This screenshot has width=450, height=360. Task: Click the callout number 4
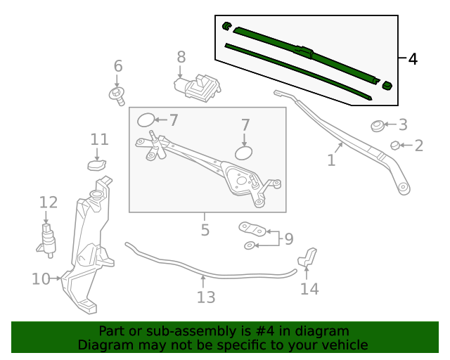[413, 59]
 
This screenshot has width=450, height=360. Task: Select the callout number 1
[331, 160]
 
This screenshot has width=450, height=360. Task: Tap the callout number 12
[48, 202]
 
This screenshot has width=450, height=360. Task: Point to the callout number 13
[205, 297]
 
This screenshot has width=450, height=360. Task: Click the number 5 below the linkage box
[205, 230]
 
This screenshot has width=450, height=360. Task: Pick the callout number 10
[40, 279]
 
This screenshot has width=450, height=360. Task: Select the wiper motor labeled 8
[198, 87]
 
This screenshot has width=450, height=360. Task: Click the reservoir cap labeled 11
[96, 165]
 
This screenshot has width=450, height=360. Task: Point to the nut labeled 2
[395, 146]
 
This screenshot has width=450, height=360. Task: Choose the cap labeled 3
[378, 127]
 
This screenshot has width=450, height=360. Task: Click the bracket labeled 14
[309, 259]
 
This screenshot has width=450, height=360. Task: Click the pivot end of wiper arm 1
[403, 188]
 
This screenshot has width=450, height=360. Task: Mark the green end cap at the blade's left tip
[226, 26]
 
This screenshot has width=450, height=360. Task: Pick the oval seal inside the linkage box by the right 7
[243, 153]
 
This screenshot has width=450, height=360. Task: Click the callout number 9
[288, 239]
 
